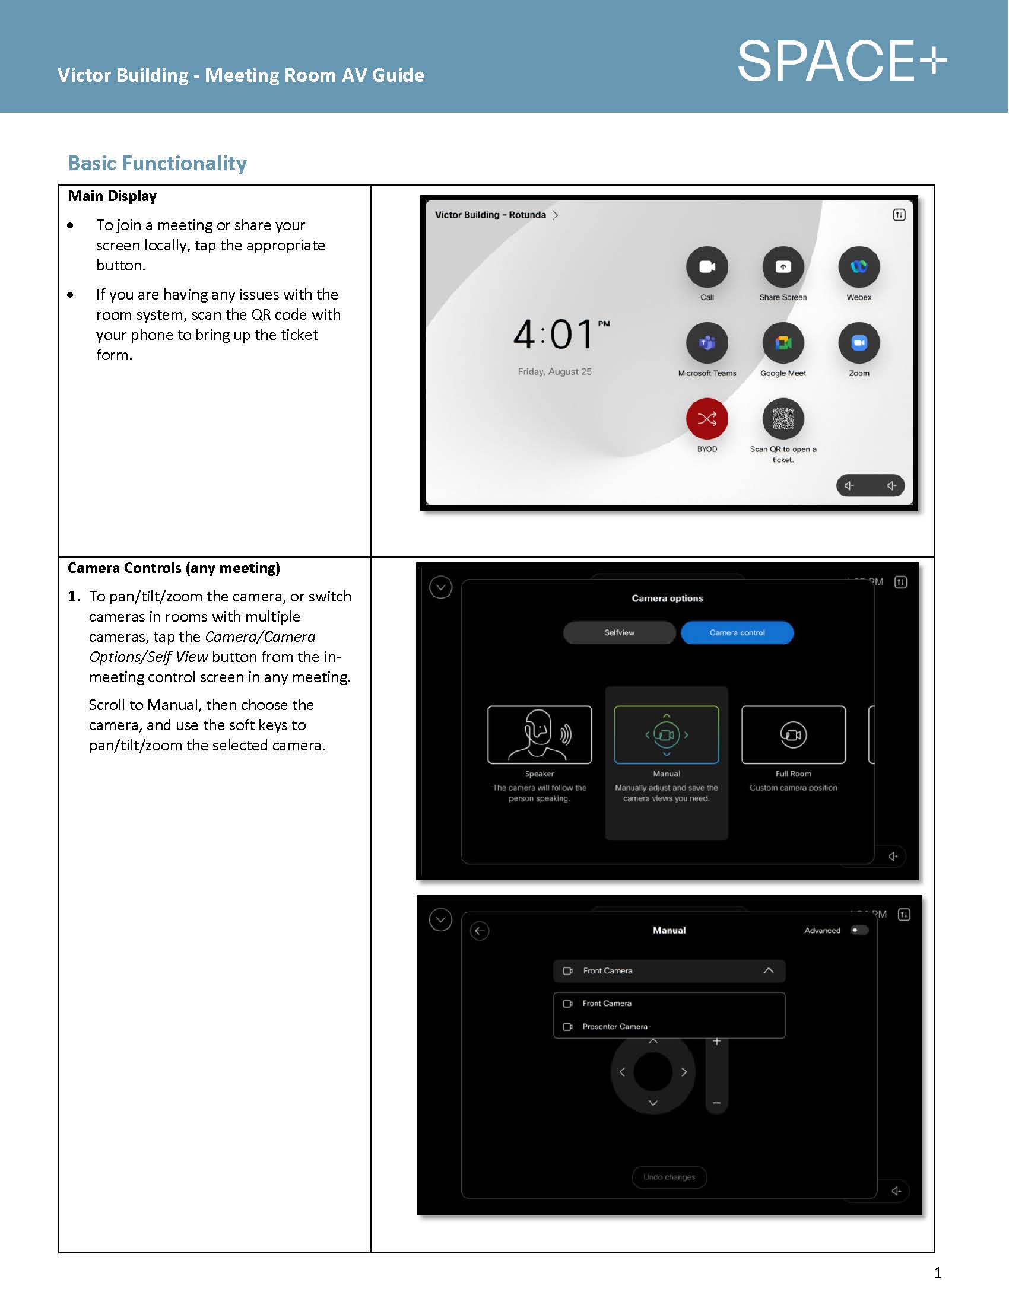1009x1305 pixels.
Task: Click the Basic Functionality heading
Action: (x=157, y=163)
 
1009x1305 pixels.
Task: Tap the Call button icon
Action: (x=706, y=266)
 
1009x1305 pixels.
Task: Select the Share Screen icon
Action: (x=782, y=266)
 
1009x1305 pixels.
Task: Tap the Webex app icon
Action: (x=858, y=266)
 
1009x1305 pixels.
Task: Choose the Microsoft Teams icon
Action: (x=706, y=343)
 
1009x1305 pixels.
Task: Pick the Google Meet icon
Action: (x=782, y=343)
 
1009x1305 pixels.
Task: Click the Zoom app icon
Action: (x=858, y=343)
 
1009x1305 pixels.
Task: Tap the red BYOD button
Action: (x=706, y=418)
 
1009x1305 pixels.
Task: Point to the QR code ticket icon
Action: (x=782, y=418)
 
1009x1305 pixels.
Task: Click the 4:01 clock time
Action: (x=554, y=335)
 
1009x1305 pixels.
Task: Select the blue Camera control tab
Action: (x=737, y=632)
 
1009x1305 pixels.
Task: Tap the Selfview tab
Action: (x=619, y=632)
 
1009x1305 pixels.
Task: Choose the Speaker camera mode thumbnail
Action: (x=539, y=734)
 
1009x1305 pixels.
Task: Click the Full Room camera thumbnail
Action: (x=793, y=734)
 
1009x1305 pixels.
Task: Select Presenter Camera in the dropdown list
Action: (x=614, y=1027)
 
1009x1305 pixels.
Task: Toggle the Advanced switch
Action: (x=859, y=930)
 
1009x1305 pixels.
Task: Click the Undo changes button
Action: (x=669, y=1177)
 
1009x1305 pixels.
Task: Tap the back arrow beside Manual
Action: (x=480, y=931)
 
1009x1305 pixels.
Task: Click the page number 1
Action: (x=937, y=1273)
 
